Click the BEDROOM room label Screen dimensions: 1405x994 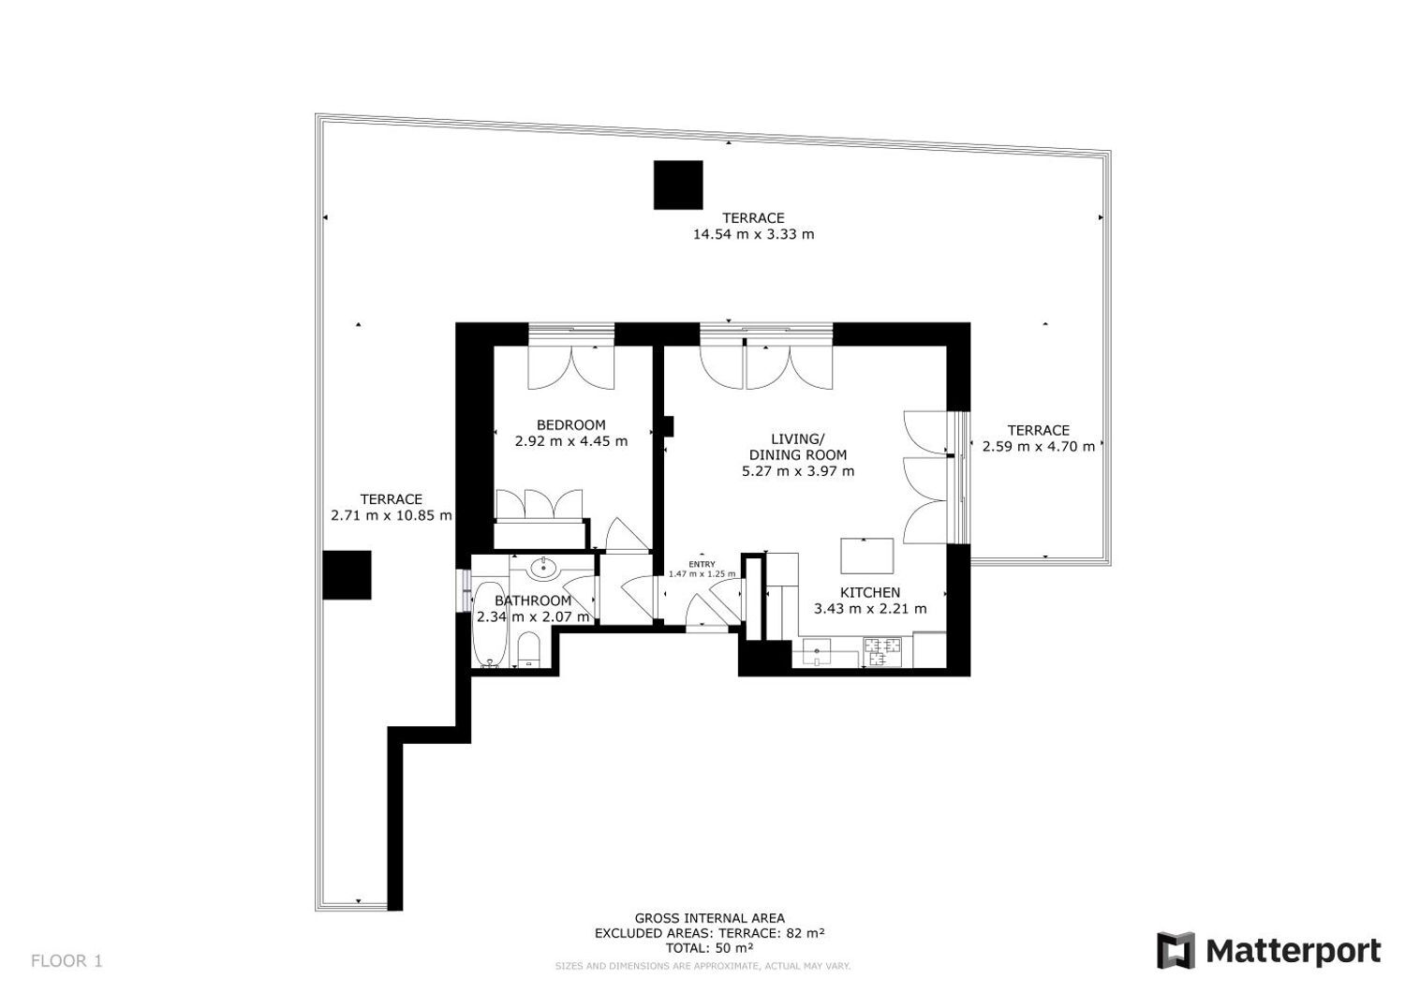pyautogui.click(x=570, y=424)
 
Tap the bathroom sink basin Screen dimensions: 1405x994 pyautogui.click(x=543, y=569)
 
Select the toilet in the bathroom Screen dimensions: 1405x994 pyautogui.click(x=529, y=649)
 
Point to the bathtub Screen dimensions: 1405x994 pyautogui.click(x=490, y=625)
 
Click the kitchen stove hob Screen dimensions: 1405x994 pyautogui.click(x=882, y=652)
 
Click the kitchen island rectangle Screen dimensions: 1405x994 pyautogui.click(x=867, y=556)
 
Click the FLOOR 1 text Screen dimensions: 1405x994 pyautogui.click(x=67, y=960)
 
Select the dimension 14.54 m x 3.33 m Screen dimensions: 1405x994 pyautogui.click(x=753, y=235)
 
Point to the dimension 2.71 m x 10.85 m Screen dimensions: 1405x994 pyautogui.click(x=392, y=516)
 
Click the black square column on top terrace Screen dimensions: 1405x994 pyautogui.click(x=678, y=185)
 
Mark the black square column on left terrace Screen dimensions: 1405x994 pyautogui.click(x=347, y=575)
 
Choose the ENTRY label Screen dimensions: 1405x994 pyautogui.click(x=702, y=564)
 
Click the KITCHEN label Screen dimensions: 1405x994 pyautogui.click(x=870, y=592)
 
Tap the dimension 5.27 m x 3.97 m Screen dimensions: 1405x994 pyautogui.click(x=798, y=471)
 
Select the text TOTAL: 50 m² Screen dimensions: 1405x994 pyautogui.click(x=709, y=948)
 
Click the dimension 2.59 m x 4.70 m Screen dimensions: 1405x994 pyautogui.click(x=1039, y=447)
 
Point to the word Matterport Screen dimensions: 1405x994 pyautogui.click(x=1294, y=952)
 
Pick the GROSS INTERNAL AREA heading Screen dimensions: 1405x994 pyautogui.click(x=709, y=919)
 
